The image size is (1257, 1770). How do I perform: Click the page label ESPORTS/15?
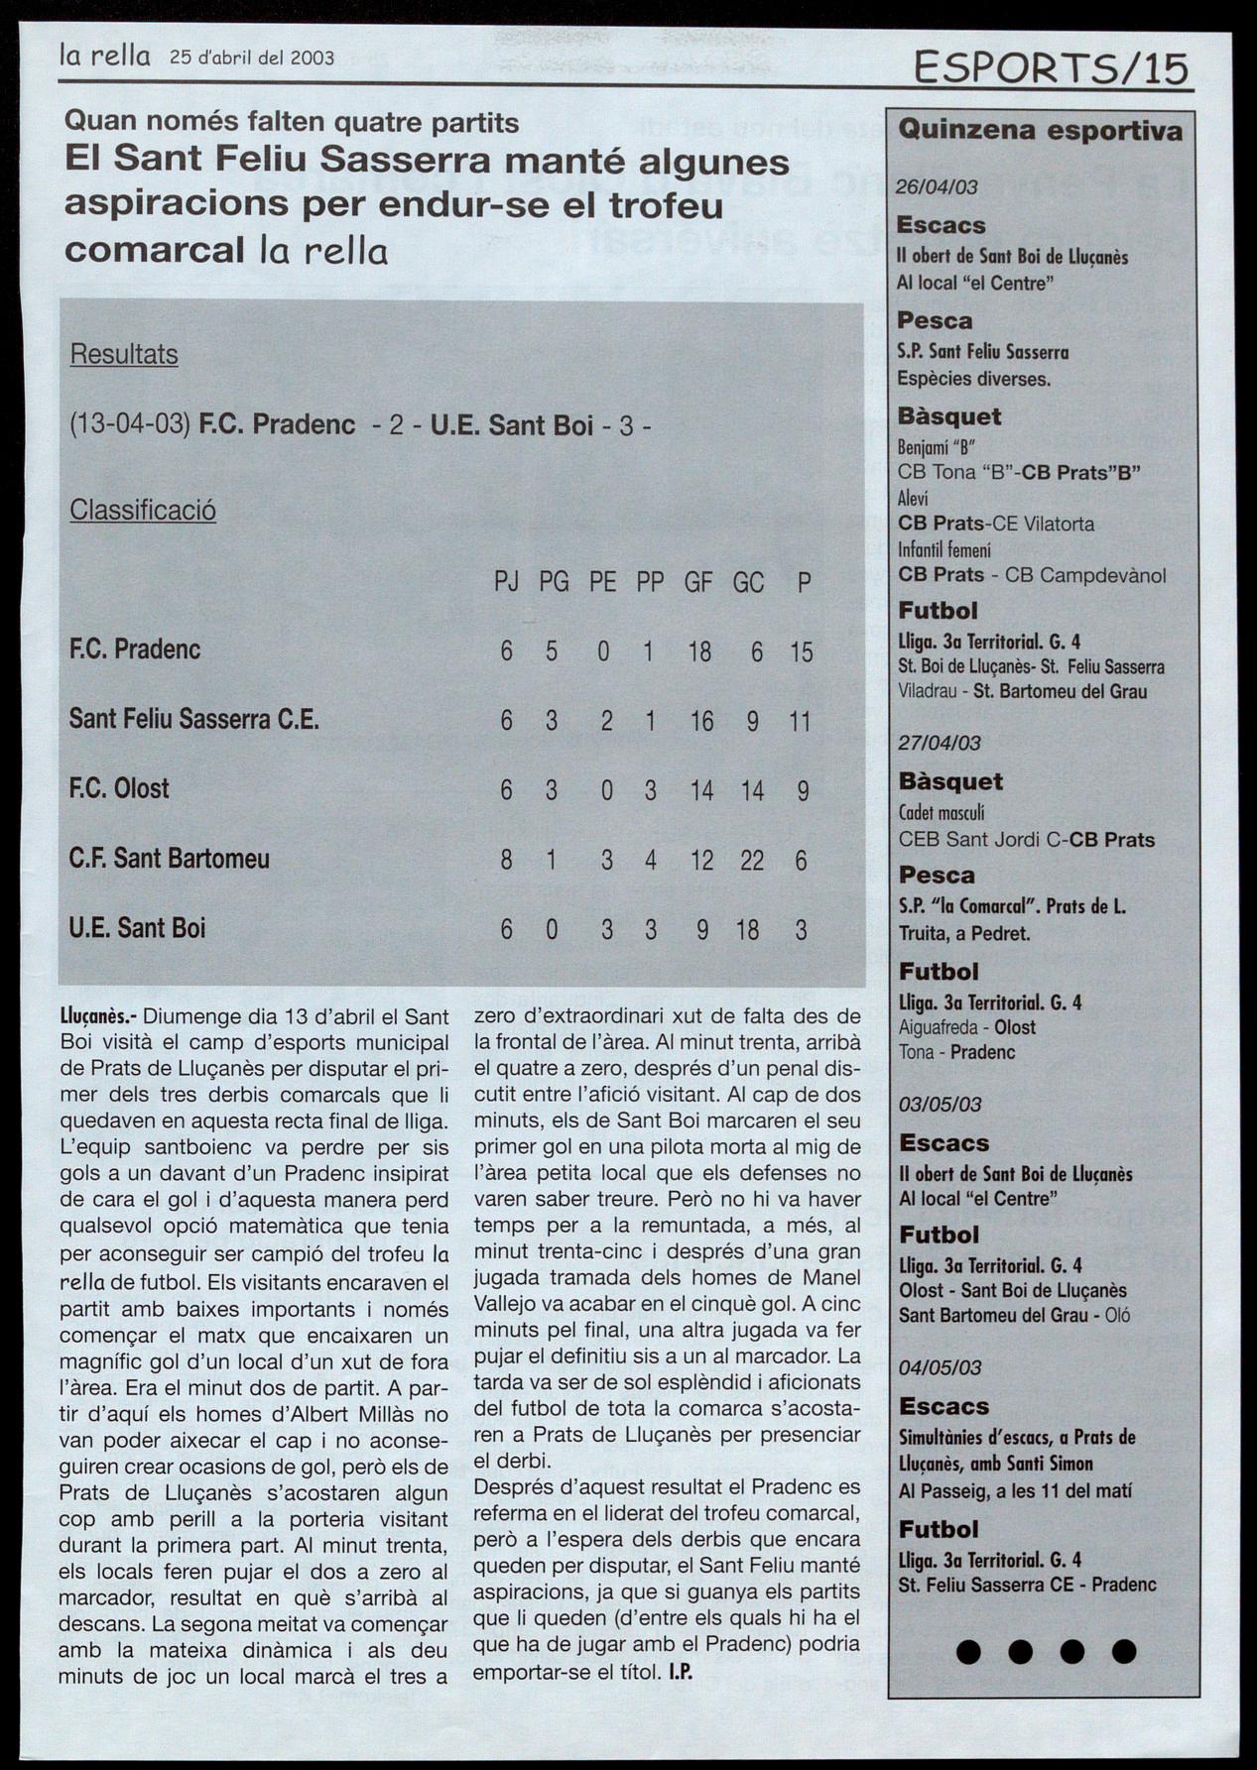click(1051, 68)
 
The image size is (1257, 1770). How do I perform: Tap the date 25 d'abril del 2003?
click(252, 58)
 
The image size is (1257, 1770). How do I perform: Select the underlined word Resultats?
click(124, 354)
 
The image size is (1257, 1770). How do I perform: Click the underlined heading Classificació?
click(143, 510)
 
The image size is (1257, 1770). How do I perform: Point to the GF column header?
click(698, 582)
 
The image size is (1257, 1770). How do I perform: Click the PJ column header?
click(506, 582)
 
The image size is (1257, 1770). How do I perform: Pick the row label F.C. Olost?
click(119, 788)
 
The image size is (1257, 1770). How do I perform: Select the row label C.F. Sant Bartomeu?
click(170, 858)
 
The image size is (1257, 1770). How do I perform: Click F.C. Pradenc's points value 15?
click(801, 651)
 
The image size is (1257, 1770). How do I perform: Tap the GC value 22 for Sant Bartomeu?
click(752, 860)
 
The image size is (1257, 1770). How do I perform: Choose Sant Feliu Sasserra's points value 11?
click(800, 721)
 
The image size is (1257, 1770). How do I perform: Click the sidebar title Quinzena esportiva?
click(1040, 131)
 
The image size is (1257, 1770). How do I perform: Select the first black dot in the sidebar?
click(968, 1651)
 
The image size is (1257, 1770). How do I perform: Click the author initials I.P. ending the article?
click(680, 1671)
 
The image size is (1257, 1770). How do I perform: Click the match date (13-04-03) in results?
click(130, 425)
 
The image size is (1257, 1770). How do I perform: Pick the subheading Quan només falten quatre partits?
click(292, 122)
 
